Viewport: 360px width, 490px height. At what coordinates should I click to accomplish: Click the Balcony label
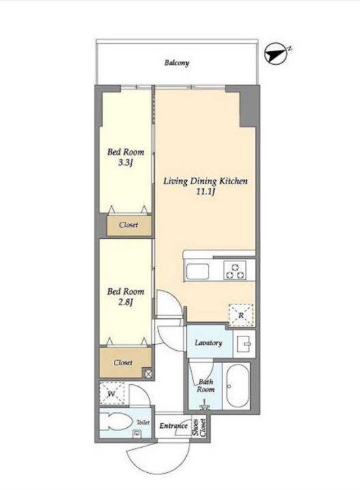[x=177, y=63]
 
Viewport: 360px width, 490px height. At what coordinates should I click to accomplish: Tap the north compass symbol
[x=277, y=55]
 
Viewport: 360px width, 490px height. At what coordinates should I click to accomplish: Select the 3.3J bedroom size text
[x=125, y=163]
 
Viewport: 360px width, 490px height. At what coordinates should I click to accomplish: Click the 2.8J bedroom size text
[x=125, y=302]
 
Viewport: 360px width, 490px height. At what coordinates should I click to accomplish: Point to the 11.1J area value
[x=205, y=192]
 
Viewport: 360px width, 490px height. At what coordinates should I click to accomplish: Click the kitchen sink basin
[x=197, y=271]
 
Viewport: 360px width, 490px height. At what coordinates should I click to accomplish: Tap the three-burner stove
[x=235, y=270]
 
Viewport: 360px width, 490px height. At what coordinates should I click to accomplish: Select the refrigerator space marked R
[x=241, y=315]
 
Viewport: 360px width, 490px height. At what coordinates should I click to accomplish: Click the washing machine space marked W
[x=112, y=394]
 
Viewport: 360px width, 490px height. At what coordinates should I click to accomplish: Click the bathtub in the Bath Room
[x=237, y=386]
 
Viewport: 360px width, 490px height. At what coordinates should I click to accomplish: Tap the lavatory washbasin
[x=244, y=344]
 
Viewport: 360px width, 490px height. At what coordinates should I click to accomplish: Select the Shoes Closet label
[x=199, y=427]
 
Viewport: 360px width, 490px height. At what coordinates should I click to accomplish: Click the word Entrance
[x=173, y=426]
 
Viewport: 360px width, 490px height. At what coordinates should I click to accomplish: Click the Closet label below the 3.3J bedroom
[x=128, y=225]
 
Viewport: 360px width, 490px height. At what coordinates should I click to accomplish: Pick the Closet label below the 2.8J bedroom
[x=123, y=362]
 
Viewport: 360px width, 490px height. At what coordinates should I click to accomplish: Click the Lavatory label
[x=208, y=343]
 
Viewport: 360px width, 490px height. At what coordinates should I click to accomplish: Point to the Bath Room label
[x=205, y=386]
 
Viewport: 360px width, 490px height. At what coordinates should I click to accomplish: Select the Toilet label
[x=143, y=422]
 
